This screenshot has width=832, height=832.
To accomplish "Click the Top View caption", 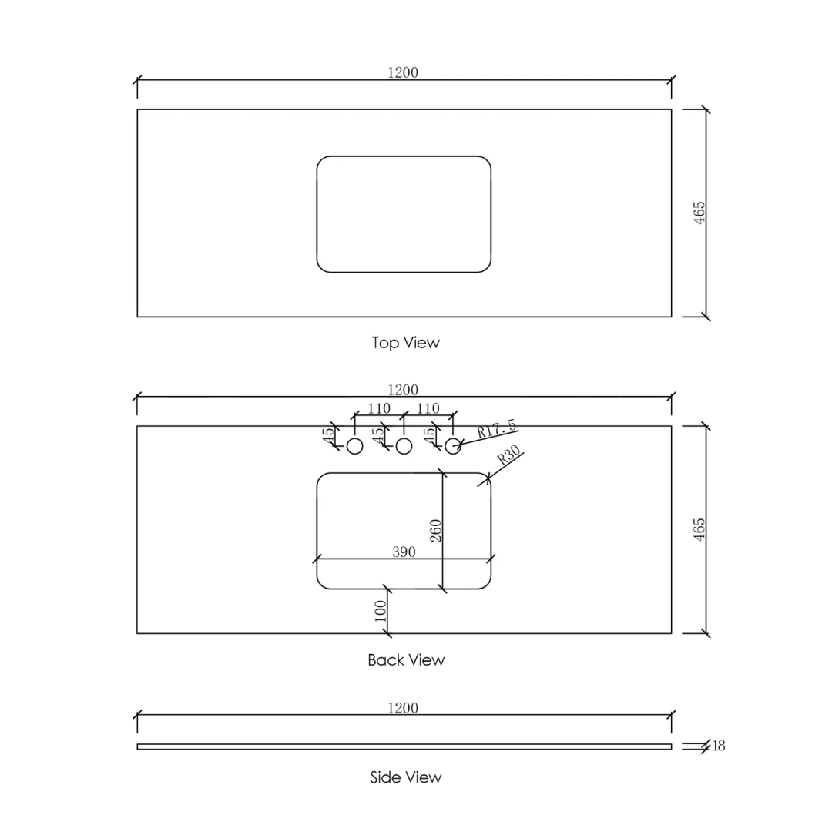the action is [405, 343].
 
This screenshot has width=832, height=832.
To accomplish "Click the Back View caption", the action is [406, 659].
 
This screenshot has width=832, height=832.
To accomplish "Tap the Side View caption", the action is [405, 777].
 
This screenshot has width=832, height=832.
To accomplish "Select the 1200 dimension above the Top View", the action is [403, 72].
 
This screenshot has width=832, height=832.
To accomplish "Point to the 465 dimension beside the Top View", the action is [699, 213].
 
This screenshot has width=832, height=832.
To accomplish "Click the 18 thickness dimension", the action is [719, 746].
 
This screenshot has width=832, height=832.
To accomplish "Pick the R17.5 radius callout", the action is [496, 428].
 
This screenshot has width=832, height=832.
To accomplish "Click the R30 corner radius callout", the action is [508, 455].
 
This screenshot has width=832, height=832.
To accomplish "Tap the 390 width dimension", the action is [404, 552].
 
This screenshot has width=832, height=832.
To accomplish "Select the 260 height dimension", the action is [435, 531].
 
